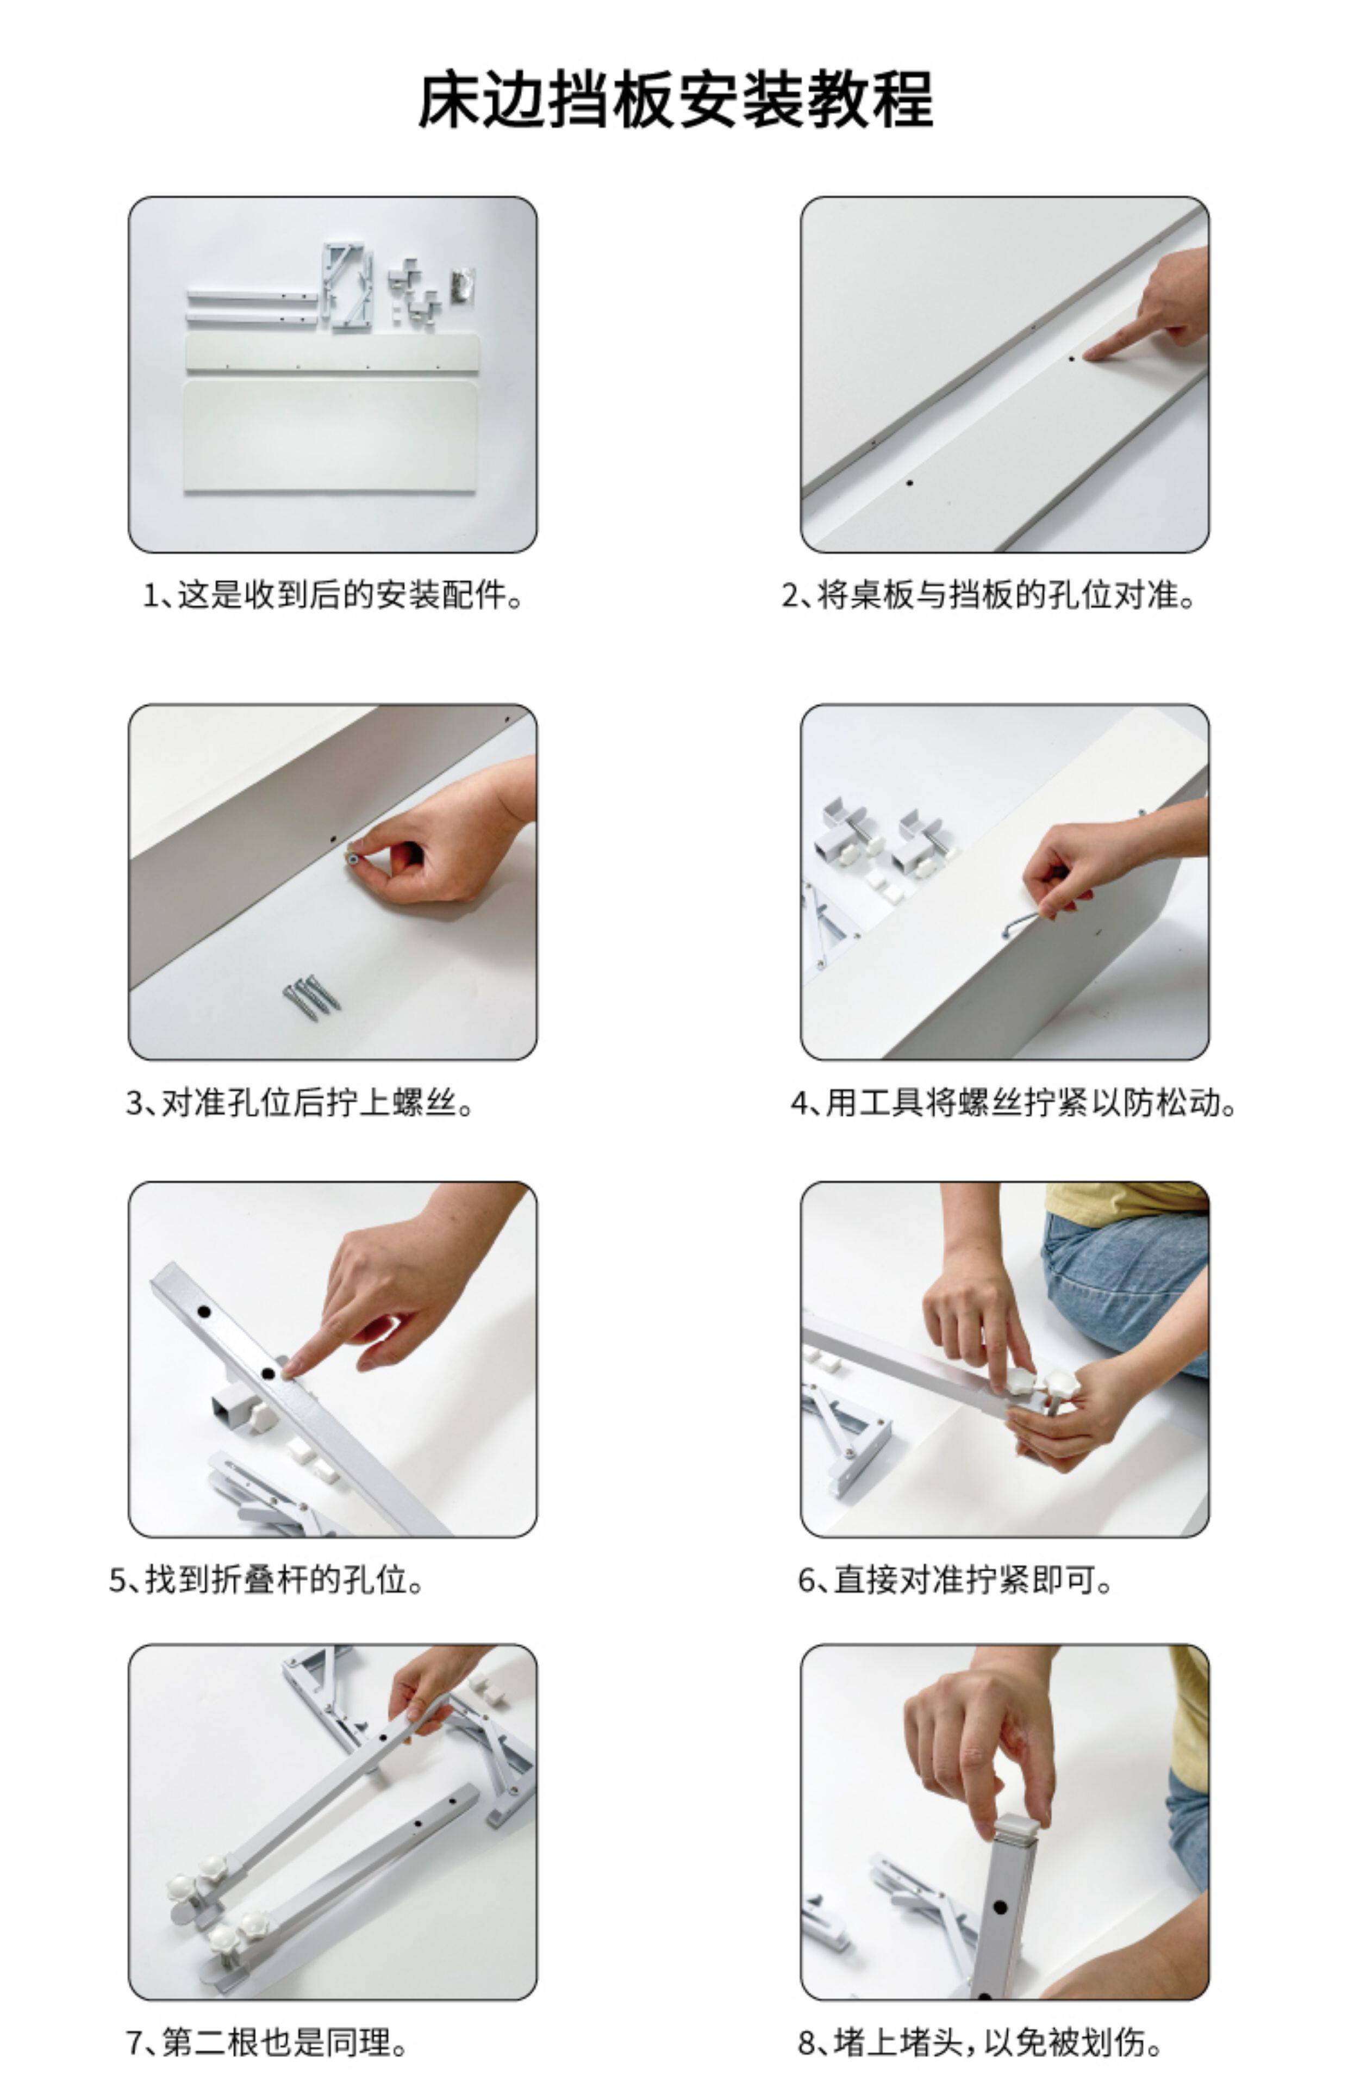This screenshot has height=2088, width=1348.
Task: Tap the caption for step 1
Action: click(x=334, y=595)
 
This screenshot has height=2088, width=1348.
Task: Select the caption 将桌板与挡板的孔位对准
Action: click(x=989, y=595)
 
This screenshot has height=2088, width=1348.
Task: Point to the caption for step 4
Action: click(x=1014, y=1102)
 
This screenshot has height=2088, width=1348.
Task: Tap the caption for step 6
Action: click(x=956, y=1580)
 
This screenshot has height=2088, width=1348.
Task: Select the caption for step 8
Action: click(x=981, y=2042)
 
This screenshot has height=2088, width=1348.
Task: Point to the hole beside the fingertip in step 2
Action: click(x=1071, y=358)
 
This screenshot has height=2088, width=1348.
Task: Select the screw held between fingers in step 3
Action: click(x=353, y=858)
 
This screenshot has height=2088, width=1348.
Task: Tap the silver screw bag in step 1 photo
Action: click(x=462, y=285)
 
